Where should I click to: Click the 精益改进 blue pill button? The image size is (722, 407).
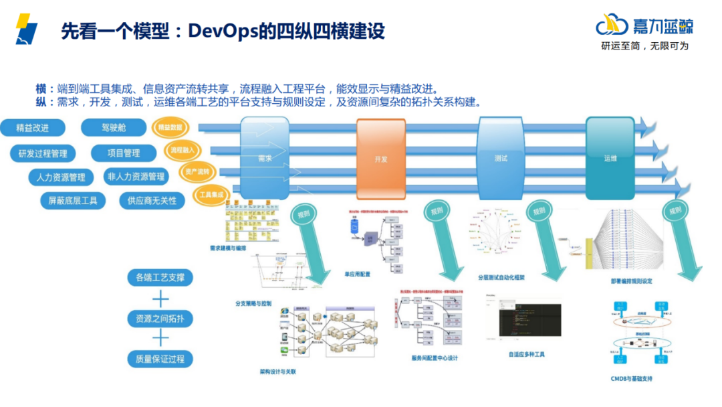click(32, 128)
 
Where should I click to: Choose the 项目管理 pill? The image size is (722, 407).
click(123, 153)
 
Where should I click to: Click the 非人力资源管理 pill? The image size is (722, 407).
click(136, 177)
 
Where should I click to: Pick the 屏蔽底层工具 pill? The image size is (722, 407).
click(69, 200)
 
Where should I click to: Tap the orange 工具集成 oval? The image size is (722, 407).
click(211, 195)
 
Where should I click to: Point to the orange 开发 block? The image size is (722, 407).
click(380, 159)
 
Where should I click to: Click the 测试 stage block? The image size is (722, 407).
click(501, 158)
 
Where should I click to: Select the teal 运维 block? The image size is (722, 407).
click(610, 158)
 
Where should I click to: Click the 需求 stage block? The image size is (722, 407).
click(265, 159)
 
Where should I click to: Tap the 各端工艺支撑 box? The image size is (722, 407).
click(160, 278)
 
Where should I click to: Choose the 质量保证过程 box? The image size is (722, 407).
click(160, 359)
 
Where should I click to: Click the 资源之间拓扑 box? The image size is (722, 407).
click(160, 319)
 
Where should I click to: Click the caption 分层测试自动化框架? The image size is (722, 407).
click(500, 277)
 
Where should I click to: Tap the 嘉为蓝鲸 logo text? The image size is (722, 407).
click(662, 25)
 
